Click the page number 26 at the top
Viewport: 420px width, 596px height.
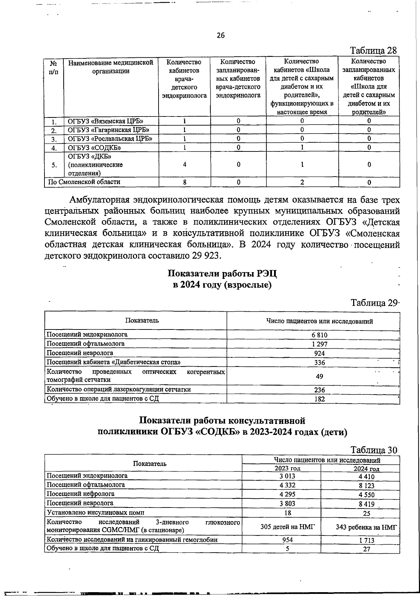pos(220,35)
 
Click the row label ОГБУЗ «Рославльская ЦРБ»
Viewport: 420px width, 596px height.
pos(110,138)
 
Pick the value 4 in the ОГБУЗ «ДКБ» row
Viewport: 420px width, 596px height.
pos(184,164)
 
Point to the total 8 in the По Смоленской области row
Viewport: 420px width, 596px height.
pos(184,182)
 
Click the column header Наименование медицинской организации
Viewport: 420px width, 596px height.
pos(111,67)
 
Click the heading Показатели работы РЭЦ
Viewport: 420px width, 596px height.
pos(223,273)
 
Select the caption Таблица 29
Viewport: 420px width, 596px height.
pos(374,303)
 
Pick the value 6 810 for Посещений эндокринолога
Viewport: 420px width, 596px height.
pos(320,335)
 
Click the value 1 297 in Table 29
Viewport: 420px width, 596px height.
pos(320,344)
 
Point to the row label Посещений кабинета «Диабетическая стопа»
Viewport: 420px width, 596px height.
pos(114,362)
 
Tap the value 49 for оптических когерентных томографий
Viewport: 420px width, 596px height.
pos(319,376)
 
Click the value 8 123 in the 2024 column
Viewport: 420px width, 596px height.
pos(366,485)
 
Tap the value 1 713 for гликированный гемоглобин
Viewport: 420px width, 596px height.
pos(366,540)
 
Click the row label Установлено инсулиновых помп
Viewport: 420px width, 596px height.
pos(95,512)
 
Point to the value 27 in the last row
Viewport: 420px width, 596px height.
pos(366,549)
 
